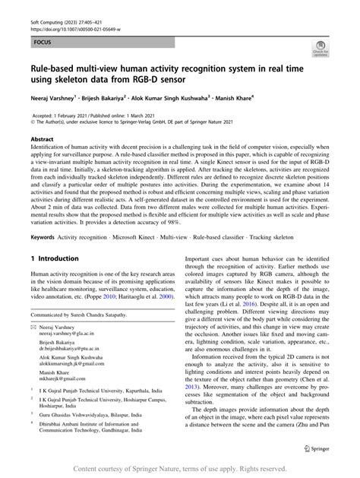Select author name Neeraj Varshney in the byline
(55, 99)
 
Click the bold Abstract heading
(41, 140)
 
